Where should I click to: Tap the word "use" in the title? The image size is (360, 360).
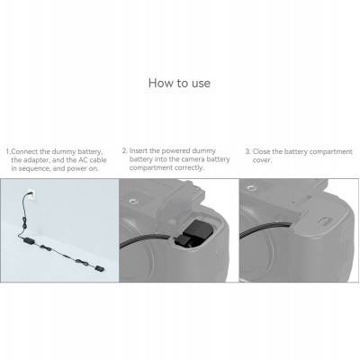[201, 84]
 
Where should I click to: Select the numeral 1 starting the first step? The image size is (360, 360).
[7, 151]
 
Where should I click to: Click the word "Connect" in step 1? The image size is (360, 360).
[24, 151]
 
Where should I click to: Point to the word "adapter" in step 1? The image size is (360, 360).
[35, 160]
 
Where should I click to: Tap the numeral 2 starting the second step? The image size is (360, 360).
[124, 150]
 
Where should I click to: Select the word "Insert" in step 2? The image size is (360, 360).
[139, 150]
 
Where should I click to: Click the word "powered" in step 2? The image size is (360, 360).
[175, 150]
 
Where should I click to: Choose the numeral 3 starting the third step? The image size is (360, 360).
[247, 151]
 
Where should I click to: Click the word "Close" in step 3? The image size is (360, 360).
[262, 151]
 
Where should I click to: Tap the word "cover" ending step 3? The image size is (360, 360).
[262, 160]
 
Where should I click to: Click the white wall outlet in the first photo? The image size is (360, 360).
[32, 195]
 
